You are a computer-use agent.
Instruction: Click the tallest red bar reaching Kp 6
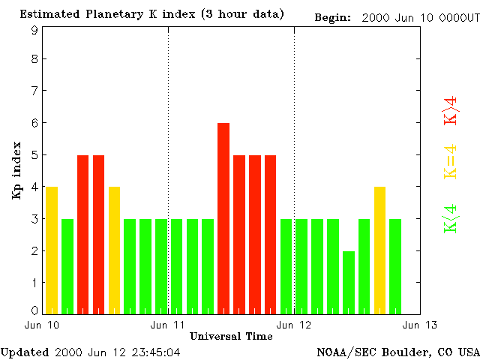click(x=223, y=217)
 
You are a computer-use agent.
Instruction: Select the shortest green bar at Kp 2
click(x=349, y=282)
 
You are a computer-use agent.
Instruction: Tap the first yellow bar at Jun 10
click(x=52, y=250)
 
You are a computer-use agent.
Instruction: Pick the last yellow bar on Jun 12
click(x=380, y=250)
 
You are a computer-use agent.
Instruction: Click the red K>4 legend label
click(x=451, y=110)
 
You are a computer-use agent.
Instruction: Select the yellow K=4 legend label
click(x=451, y=162)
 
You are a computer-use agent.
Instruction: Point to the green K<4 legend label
click(x=451, y=218)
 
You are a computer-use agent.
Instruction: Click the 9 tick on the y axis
click(x=34, y=31)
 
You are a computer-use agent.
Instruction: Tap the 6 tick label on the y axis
click(x=34, y=123)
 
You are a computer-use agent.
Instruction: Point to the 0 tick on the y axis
click(x=34, y=310)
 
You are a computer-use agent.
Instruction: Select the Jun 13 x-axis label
click(x=420, y=325)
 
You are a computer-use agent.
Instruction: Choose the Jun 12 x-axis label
click(x=294, y=325)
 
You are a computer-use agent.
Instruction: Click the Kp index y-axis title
click(x=16, y=170)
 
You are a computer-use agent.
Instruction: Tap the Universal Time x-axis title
click(x=231, y=336)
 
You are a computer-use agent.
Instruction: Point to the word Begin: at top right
click(x=332, y=17)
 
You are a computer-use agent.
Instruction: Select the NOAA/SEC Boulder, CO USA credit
click(x=397, y=352)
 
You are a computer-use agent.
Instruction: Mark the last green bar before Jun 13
click(x=395, y=266)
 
